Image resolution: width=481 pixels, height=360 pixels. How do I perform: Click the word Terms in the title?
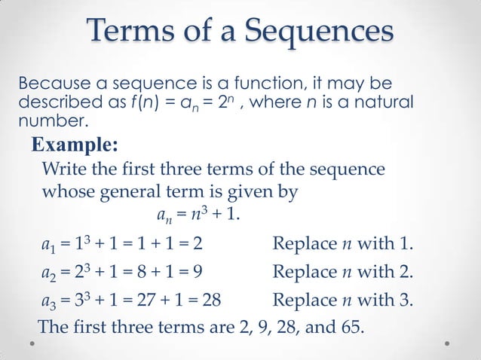pyautogui.click(x=129, y=32)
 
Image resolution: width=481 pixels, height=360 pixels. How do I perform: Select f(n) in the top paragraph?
pyautogui.click(x=176, y=102)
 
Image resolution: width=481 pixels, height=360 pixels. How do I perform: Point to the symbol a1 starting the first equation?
pyautogui.click(x=49, y=246)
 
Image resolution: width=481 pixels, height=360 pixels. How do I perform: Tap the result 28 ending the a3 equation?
pyautogui.click(x=211, y=302)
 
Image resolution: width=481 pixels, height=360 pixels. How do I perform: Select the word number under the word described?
pyautogui.click(x=53, y=120)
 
